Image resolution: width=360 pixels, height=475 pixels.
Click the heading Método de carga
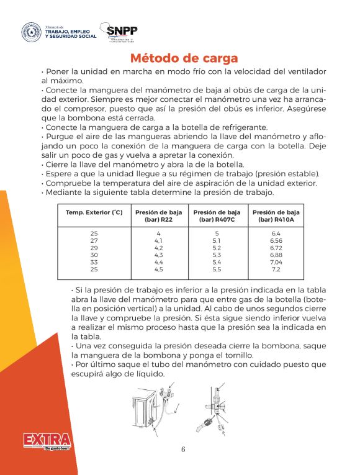(x=184, y=58)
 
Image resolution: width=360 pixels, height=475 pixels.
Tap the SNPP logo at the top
(x=122, y=32)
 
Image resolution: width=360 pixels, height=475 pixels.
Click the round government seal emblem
(x=31, y=32)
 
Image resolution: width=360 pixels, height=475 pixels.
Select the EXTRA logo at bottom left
(x=47, y=441)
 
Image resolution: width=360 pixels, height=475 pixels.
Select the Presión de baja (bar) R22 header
(x=158, y=216)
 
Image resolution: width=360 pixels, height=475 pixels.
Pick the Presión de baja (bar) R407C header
(x=217, y=216)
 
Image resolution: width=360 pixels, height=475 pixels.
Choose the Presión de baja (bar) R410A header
(x=276, y=216)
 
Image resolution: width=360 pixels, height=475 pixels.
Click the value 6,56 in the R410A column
(x=276, y=240)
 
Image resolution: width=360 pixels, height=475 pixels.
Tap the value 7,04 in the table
(x=276, y=262)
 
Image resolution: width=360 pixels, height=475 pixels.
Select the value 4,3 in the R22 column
(x=158, y=255)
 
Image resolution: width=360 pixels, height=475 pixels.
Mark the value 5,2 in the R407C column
(x=217, y=247)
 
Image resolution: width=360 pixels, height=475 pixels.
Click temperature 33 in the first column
(x=94, y=262)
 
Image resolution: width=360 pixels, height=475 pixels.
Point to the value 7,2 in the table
(x=276, y=269)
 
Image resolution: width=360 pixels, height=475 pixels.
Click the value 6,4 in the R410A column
(x=276, y=233)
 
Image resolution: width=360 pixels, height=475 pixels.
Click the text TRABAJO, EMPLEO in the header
(x=71, y=31)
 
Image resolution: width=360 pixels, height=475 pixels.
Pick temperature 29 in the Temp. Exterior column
(x=94, y=247)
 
